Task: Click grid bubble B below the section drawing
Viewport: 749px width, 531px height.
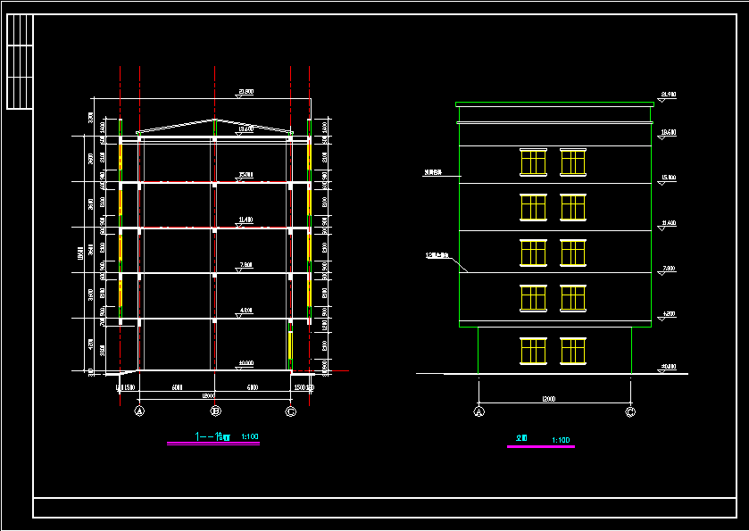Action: (x=215, y=411)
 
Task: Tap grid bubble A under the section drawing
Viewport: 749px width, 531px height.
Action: (x=139, y=411)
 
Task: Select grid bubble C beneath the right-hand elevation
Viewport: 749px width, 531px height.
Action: (x=630, y=411)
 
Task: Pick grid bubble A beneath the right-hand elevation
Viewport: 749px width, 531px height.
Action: (x=479, y=411)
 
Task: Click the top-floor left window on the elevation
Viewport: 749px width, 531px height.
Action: (x=533, y=162)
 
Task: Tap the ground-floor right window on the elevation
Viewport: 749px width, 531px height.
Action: (x=573, y=351)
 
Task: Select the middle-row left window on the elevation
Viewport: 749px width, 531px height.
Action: (x=533, y=253)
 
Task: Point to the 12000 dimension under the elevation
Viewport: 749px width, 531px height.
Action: (x=548, y=399)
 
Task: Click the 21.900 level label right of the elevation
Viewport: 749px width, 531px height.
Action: (x=667, y=94)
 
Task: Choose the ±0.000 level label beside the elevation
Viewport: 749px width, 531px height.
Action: (x=668, y=366)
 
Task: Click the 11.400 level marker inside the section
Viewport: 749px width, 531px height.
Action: (x=246, y=219)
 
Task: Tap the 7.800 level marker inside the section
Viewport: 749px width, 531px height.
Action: (x=246, y=264)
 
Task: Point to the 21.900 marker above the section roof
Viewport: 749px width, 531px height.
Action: (x=246, y=91)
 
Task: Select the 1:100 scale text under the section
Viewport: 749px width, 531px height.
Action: (x=250, y=436)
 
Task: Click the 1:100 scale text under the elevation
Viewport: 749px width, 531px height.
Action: (x=562, y=440)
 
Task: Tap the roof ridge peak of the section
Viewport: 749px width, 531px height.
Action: (x=215, y=120)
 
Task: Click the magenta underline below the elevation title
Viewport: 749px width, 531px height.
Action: (x=540, y=446)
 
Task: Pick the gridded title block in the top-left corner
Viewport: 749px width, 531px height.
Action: (x=19, y=62)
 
